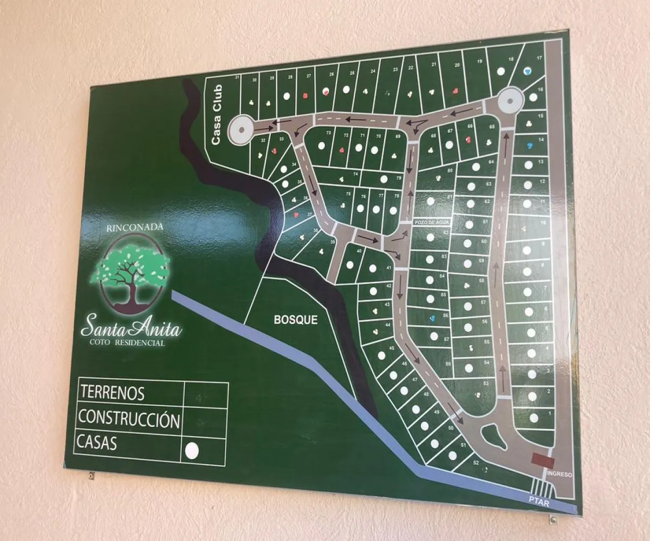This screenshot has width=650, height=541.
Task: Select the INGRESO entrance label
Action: coord(560,474)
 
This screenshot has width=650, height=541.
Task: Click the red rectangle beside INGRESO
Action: coord(543,461)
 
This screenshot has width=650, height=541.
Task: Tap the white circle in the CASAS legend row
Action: coord(192,450)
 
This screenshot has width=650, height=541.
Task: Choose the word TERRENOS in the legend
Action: coord(112,392)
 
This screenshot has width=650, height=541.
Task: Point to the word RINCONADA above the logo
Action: coord(127,228)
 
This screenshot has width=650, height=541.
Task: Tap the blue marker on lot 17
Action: coord(528,71)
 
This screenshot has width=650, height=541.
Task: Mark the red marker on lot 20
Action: coord(456,91)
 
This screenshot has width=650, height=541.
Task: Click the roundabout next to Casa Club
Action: coord(240,130)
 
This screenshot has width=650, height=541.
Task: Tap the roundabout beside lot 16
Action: coord(511,100)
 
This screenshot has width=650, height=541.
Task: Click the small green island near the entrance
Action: coord(492,435)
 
